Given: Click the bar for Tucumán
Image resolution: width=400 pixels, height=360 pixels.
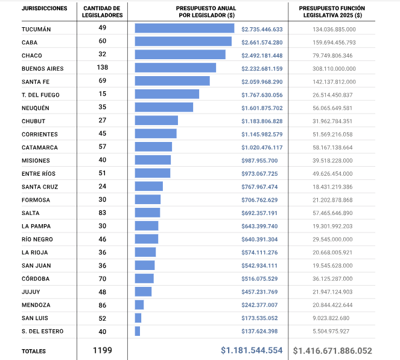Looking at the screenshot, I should coord(186,28).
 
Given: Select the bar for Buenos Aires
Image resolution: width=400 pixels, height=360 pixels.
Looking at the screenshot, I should coord(175,68).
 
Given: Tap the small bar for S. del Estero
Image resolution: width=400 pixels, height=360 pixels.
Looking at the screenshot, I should coord(138,331).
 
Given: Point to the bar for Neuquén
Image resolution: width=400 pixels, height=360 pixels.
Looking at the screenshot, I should coord(163,107).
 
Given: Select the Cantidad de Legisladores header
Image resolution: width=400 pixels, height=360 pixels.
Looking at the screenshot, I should coord(102,11).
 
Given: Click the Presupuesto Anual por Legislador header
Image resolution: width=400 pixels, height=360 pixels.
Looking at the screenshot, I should coord(206,11).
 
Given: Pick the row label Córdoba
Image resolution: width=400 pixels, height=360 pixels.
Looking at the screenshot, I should coord(36,278).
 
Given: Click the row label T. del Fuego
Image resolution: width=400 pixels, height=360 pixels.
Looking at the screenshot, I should coord(40,94).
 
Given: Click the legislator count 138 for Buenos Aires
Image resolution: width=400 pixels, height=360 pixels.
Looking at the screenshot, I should coord(102,68).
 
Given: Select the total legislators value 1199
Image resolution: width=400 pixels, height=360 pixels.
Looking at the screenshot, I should coord(102,350).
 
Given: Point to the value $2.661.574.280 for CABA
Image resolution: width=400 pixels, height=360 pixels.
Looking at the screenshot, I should coord(262,42).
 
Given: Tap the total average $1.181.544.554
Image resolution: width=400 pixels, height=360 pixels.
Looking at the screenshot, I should coord(252,350).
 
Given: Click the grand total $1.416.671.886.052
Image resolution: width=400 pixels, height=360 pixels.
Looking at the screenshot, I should coord(332,350).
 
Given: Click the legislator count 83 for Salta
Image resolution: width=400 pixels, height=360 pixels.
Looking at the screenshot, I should coord(102,213).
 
